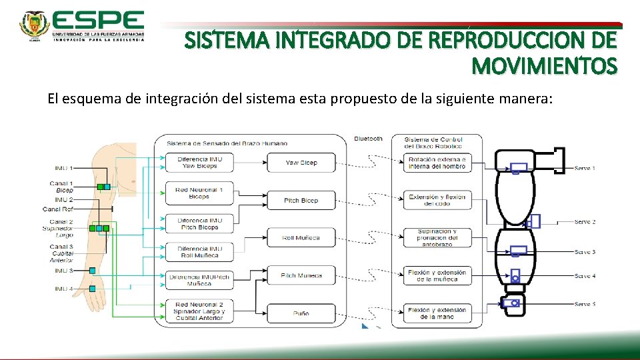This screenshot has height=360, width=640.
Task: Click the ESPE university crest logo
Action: [35, 25]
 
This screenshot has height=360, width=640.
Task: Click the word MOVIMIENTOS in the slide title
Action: [544, 67]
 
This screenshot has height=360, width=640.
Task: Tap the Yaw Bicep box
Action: [301, 163]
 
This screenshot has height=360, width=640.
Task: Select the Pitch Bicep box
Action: [301, 201]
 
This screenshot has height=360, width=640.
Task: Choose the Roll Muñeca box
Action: [301, 238]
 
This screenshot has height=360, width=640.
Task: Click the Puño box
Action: [301, 313]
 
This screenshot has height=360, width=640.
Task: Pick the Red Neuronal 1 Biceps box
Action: [199, 193]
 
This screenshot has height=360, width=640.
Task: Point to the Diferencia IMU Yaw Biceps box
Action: [199, 163]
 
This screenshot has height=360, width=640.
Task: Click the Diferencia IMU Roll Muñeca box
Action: [199, 251]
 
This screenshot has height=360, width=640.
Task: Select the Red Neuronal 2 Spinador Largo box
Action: [199, 311]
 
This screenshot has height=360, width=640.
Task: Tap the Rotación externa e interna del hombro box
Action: [437, 163]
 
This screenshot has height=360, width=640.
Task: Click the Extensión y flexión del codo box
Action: [437, 200]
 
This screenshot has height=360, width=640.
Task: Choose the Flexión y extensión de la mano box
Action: [437, 313]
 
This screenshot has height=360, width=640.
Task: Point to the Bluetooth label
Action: [369, 139]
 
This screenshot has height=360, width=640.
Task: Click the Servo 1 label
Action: [585, 168]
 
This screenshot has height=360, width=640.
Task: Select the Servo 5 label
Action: [585, 304]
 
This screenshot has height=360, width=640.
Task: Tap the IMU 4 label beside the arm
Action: [64, 289]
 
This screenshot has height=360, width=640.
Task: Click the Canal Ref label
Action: [59, 209]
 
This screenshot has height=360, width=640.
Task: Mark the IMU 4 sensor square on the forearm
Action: [93, 289]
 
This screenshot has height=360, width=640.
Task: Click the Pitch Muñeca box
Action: [301, 275]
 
